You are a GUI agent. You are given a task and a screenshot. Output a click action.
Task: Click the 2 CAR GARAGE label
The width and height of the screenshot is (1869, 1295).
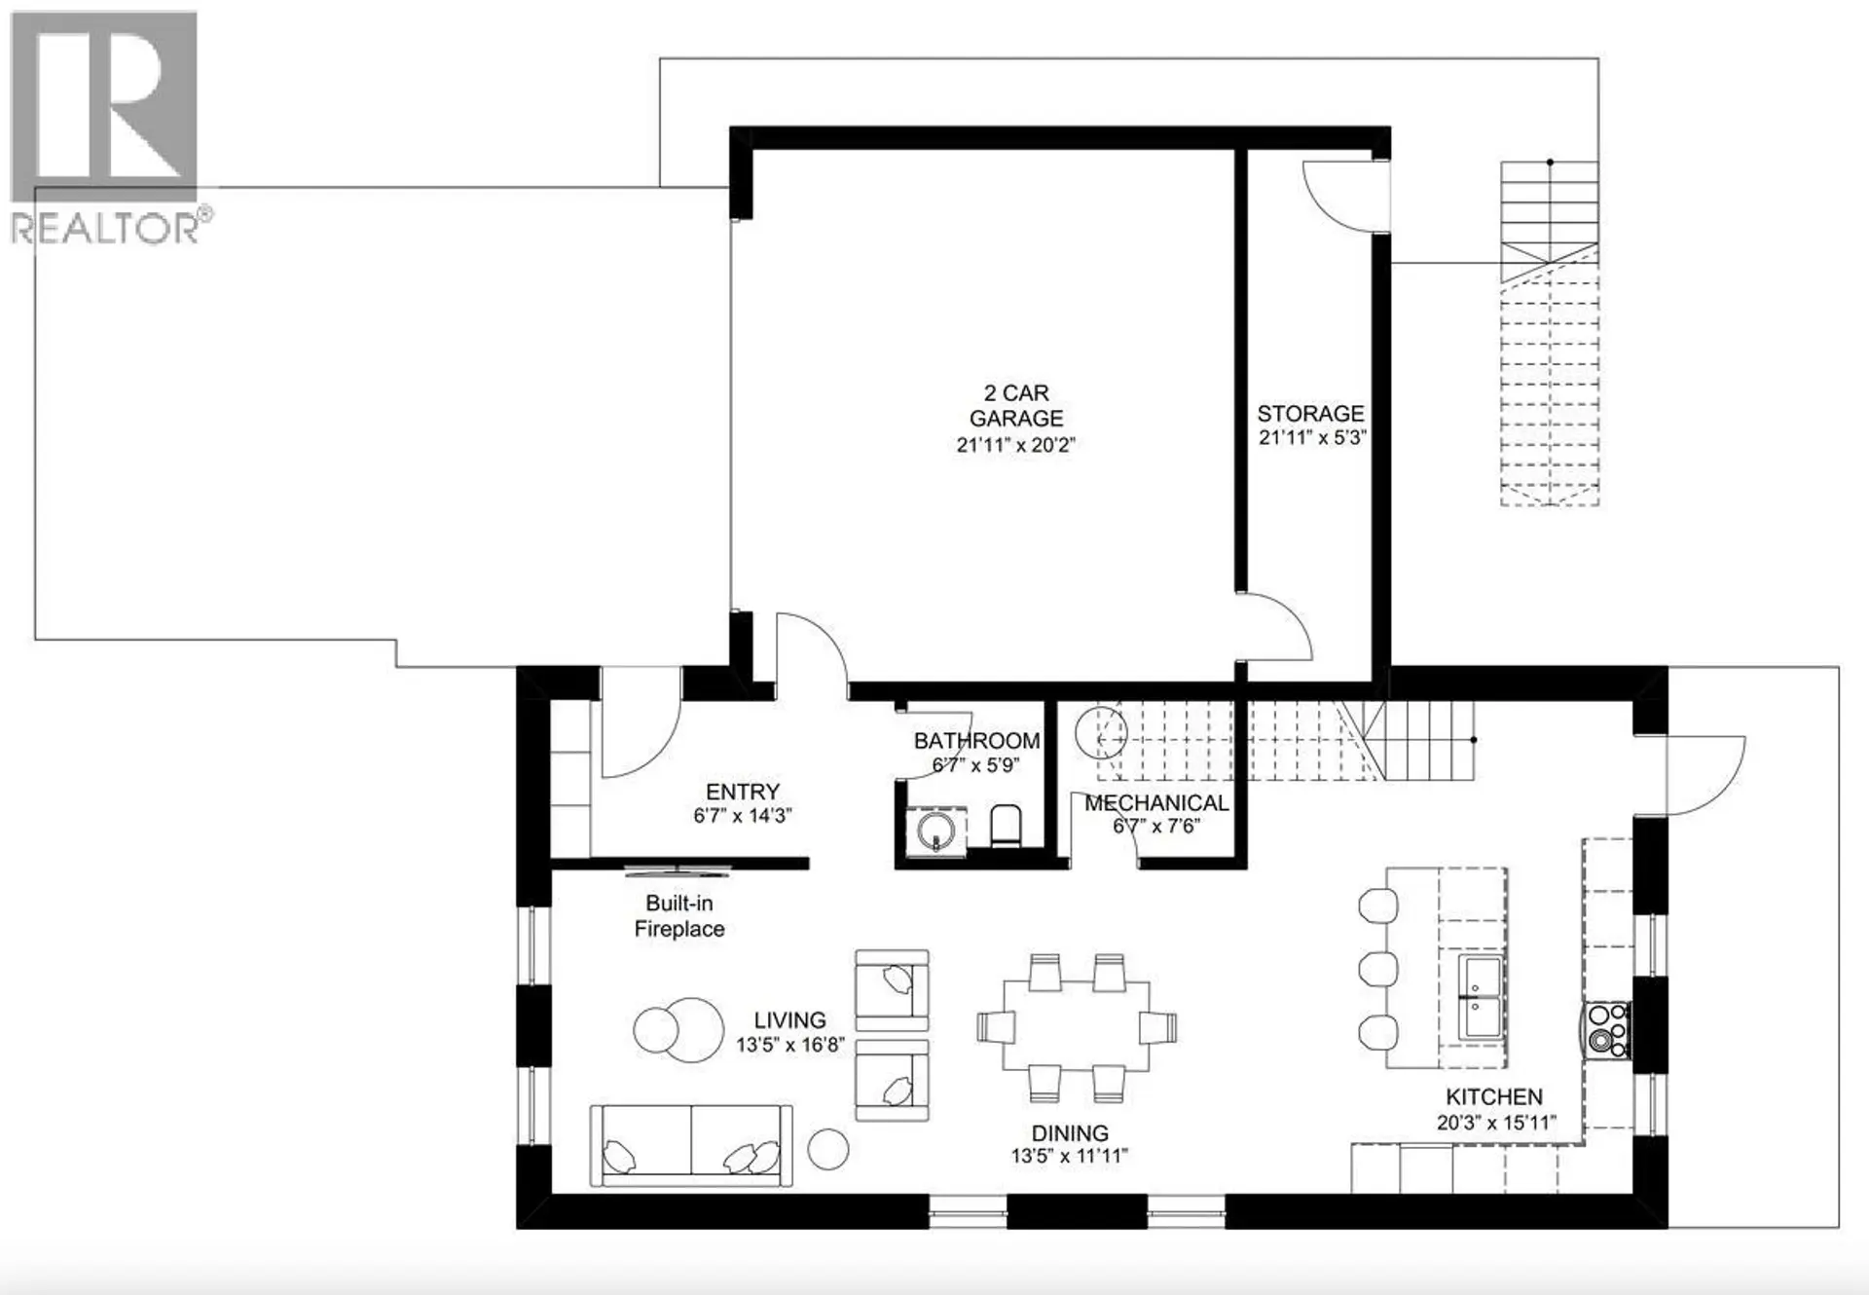[1015, 406]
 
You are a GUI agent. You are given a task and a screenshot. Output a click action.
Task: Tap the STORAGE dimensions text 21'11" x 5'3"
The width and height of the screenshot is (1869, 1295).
[1311, 438]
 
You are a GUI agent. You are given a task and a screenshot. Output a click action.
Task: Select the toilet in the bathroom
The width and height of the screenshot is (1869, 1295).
[1006, 826]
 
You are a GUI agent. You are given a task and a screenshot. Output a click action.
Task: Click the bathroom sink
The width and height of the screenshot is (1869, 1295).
[936, 831]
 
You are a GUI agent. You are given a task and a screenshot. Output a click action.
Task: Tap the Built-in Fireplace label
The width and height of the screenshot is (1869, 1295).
[678, 916]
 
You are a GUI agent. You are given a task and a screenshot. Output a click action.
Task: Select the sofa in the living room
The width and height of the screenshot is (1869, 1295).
[690, 1145]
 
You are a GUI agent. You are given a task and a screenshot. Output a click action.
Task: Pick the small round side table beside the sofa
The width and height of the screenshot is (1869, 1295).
[828, 1149]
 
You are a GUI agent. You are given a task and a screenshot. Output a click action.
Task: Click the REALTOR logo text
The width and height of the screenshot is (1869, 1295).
[105, 230]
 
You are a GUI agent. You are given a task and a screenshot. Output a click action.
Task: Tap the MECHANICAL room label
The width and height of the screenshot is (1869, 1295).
[1156, 803]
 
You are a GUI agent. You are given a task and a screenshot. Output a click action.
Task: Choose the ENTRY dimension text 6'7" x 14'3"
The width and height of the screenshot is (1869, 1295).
[742, 816]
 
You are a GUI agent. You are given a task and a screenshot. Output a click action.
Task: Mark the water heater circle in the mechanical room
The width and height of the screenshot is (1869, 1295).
[1101, 731]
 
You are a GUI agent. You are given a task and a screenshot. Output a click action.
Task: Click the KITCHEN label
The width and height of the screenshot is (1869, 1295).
[1493, 1097]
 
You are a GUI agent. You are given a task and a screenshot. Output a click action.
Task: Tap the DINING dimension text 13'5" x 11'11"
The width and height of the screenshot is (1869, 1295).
[1069, 1156]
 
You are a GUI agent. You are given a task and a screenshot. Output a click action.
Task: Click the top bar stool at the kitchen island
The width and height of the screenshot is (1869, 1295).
[1377, 906]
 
